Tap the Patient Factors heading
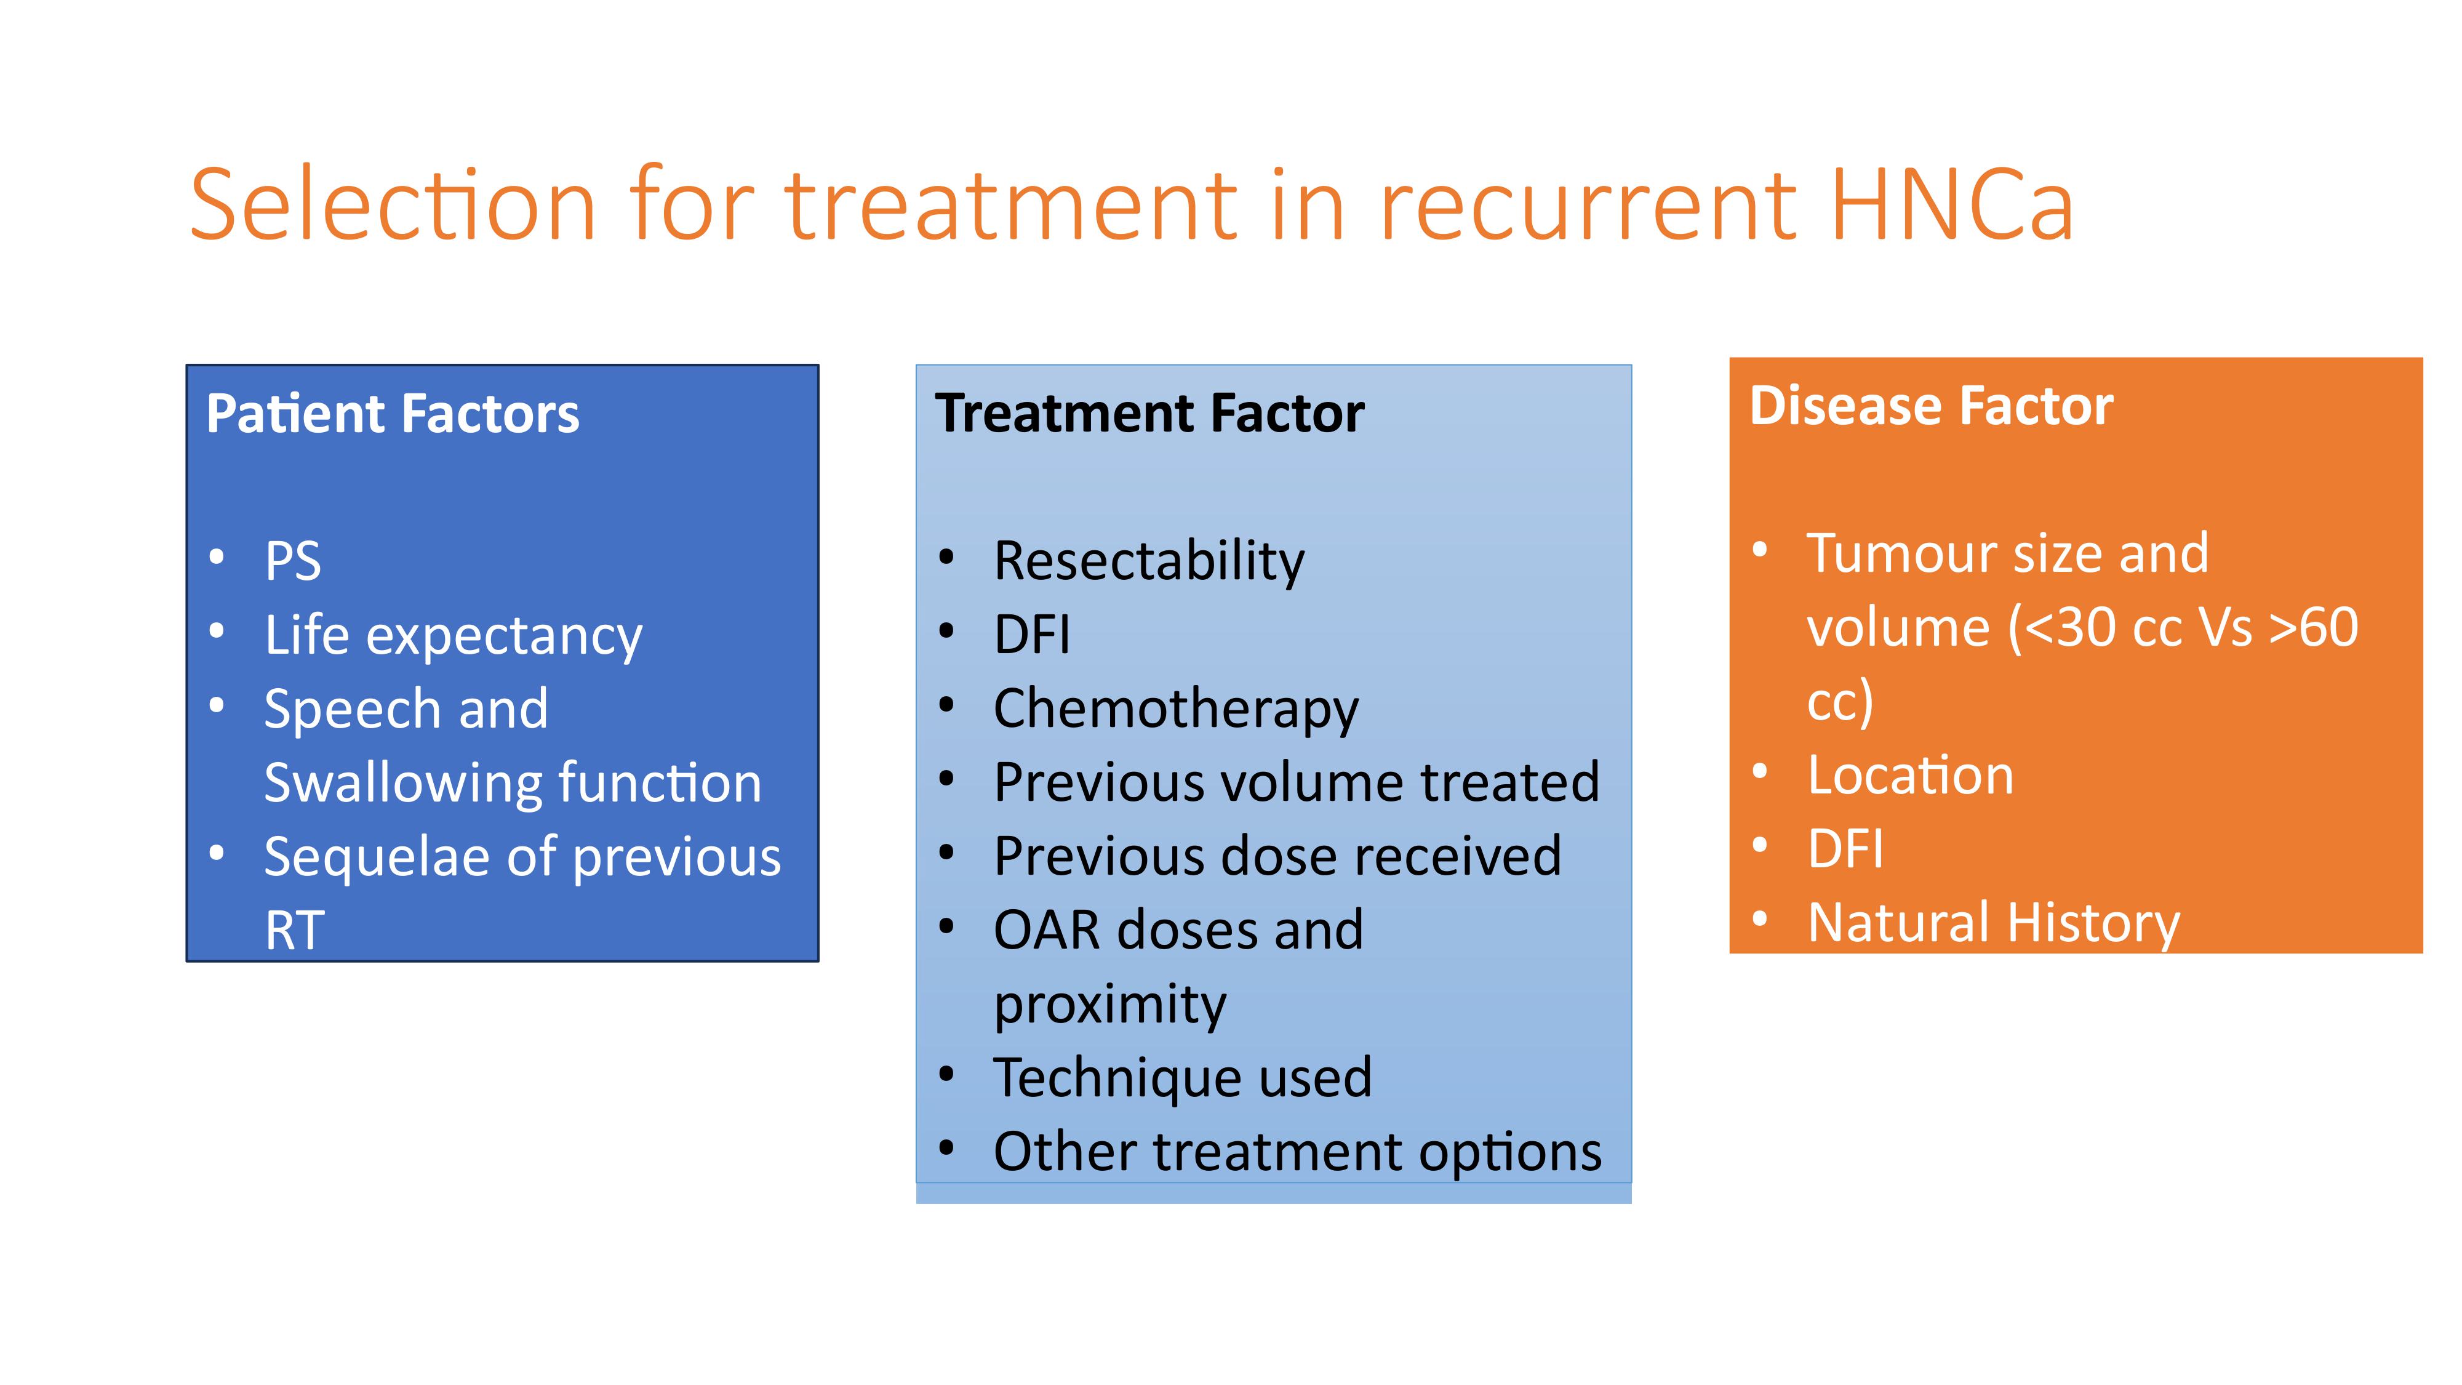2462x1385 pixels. click(x=393, y=414)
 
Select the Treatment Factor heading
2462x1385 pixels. click(x=1149, y=414)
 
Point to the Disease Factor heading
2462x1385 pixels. click(x=1932, y=406)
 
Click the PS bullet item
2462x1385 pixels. click(x=292, y=560)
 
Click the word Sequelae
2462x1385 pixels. click(x=378, y=857)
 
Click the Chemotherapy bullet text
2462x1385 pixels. click(x=1175, y=710)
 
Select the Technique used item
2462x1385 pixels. click(x=1182, y=1078)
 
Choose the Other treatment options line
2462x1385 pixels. click(x=1298, y=1153)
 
